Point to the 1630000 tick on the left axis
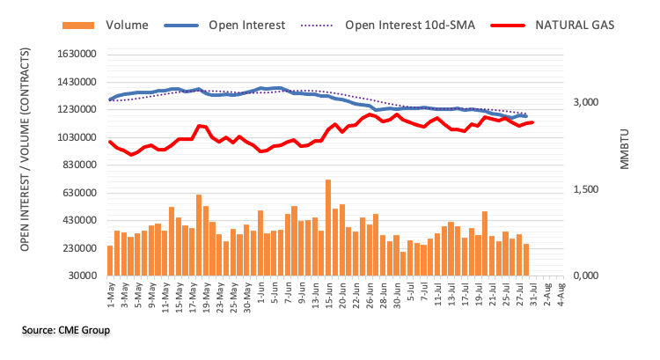[x=73, y=55]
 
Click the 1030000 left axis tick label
[x=73, y=138]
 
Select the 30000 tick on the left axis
[x=78, y=276]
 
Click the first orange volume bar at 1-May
[x=110, y=261]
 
